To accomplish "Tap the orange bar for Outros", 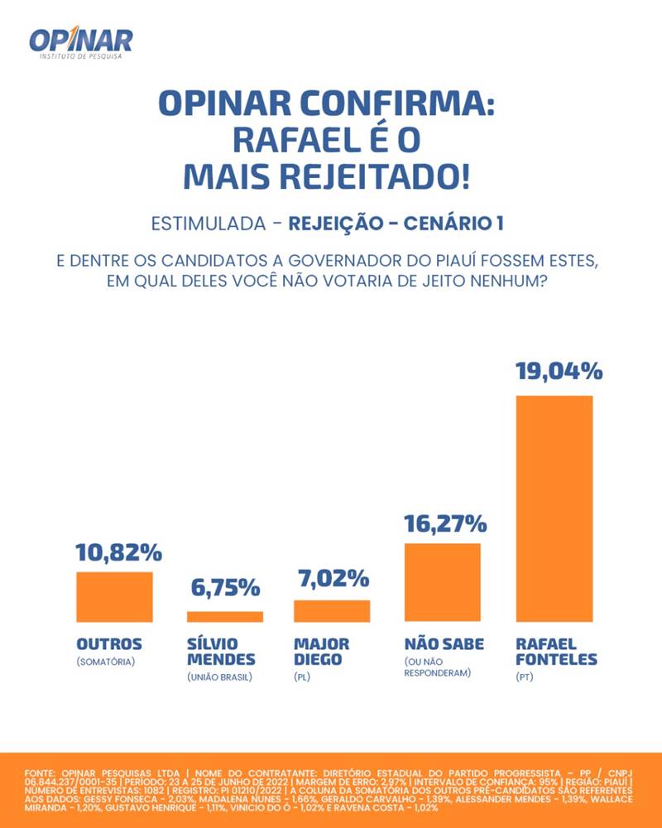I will coord(114,596).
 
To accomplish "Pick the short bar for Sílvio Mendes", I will coord(225,616).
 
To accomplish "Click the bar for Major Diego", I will coord(332,611).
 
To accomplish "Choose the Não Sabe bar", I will coord(442,582).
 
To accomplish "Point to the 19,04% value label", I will coord(559,372).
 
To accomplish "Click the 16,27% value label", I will coord(444,523).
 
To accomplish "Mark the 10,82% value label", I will coord(118,552).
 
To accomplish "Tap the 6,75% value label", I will coord(226,590).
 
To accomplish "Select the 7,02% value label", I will coord(333,579).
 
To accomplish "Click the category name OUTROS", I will coord(109,644).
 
